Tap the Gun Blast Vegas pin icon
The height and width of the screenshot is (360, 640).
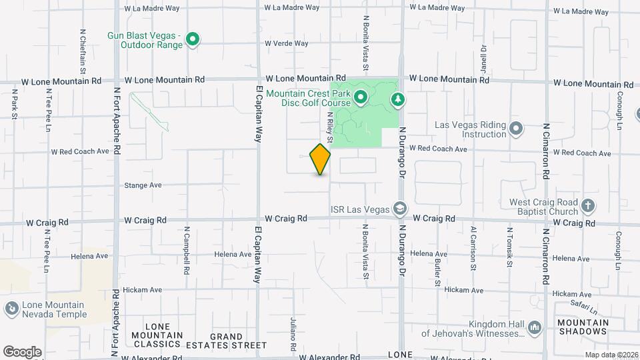click(x=193, y=40)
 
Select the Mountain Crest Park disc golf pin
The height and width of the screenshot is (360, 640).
click(x=361, y=99)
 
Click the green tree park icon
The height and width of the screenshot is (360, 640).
click(x=398, y=99)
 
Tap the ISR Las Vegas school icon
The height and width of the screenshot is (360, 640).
click(x=399, y=209)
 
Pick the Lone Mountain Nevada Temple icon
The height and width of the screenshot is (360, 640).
click(x=12, y=309)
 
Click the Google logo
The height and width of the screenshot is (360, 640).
click(x=22, y=352)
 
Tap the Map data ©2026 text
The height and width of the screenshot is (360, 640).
click(x=611, y=355)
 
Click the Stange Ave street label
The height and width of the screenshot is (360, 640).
click(x=143, y=185)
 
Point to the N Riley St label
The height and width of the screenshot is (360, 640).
click(x=329, y=126)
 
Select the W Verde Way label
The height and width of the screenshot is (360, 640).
click(x=287, y=43)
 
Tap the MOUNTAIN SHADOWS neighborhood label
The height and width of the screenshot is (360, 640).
click(x=583, y=327)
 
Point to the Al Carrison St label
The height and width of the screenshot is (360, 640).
click(x=473, y=247)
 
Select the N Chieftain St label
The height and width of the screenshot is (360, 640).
click(x=83, y=50)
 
